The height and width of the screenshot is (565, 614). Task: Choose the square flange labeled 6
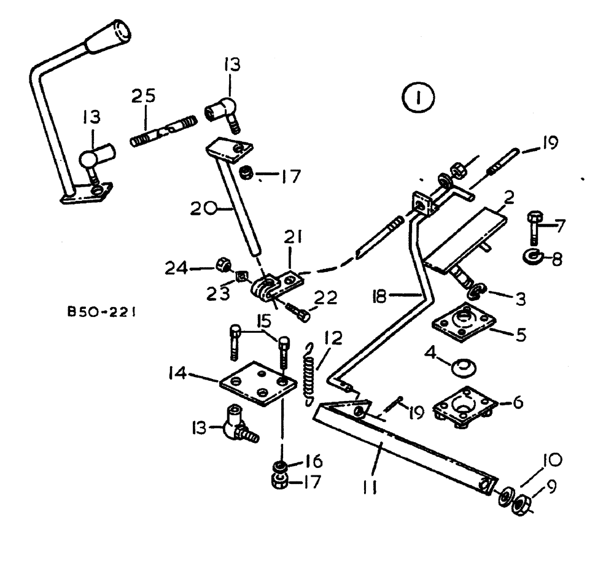pos(464,406)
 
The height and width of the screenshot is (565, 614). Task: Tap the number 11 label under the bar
pos(368,487)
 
